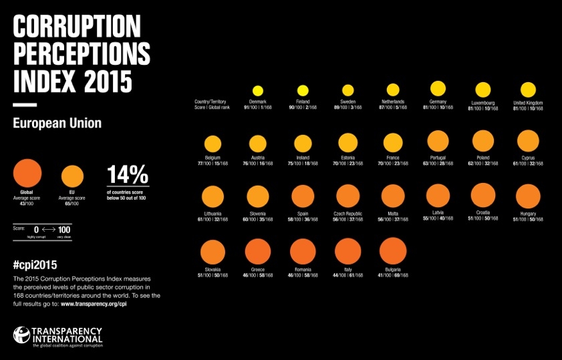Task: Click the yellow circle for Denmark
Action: [258, 91]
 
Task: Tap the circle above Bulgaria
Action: [393, 252]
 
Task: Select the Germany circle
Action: [438, 89]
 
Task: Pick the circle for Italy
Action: [347, 252]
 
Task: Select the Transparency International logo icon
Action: [21, 337]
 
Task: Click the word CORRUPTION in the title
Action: [77, 27]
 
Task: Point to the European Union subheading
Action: [57, 123]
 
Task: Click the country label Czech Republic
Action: [347, 213]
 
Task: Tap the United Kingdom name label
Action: [528, 102]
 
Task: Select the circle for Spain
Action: [303, 196]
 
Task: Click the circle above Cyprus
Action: [528, 141]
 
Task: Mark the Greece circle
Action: [258, 252]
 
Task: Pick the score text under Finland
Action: [303, 108]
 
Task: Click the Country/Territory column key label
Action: [211, 102]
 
